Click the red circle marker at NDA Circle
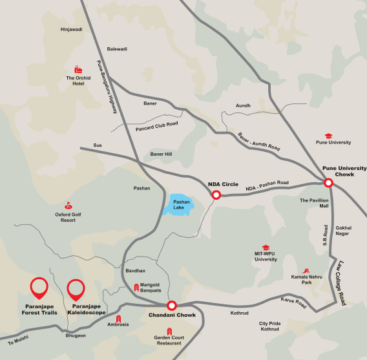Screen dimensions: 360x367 click(216, 194)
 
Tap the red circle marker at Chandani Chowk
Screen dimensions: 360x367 click(172, 306)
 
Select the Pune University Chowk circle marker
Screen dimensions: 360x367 click(328, 183)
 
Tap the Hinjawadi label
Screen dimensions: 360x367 click(71, 29)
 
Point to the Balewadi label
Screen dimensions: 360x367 click(117, 48)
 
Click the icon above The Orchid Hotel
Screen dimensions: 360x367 click(78, 69)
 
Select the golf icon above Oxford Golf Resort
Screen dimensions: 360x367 click(65, 205)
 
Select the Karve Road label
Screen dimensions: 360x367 click(293, 302)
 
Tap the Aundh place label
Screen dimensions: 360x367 click(243, 105)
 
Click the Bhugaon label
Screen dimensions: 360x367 click(76, 335)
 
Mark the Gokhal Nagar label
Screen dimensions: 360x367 click(342, 231)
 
